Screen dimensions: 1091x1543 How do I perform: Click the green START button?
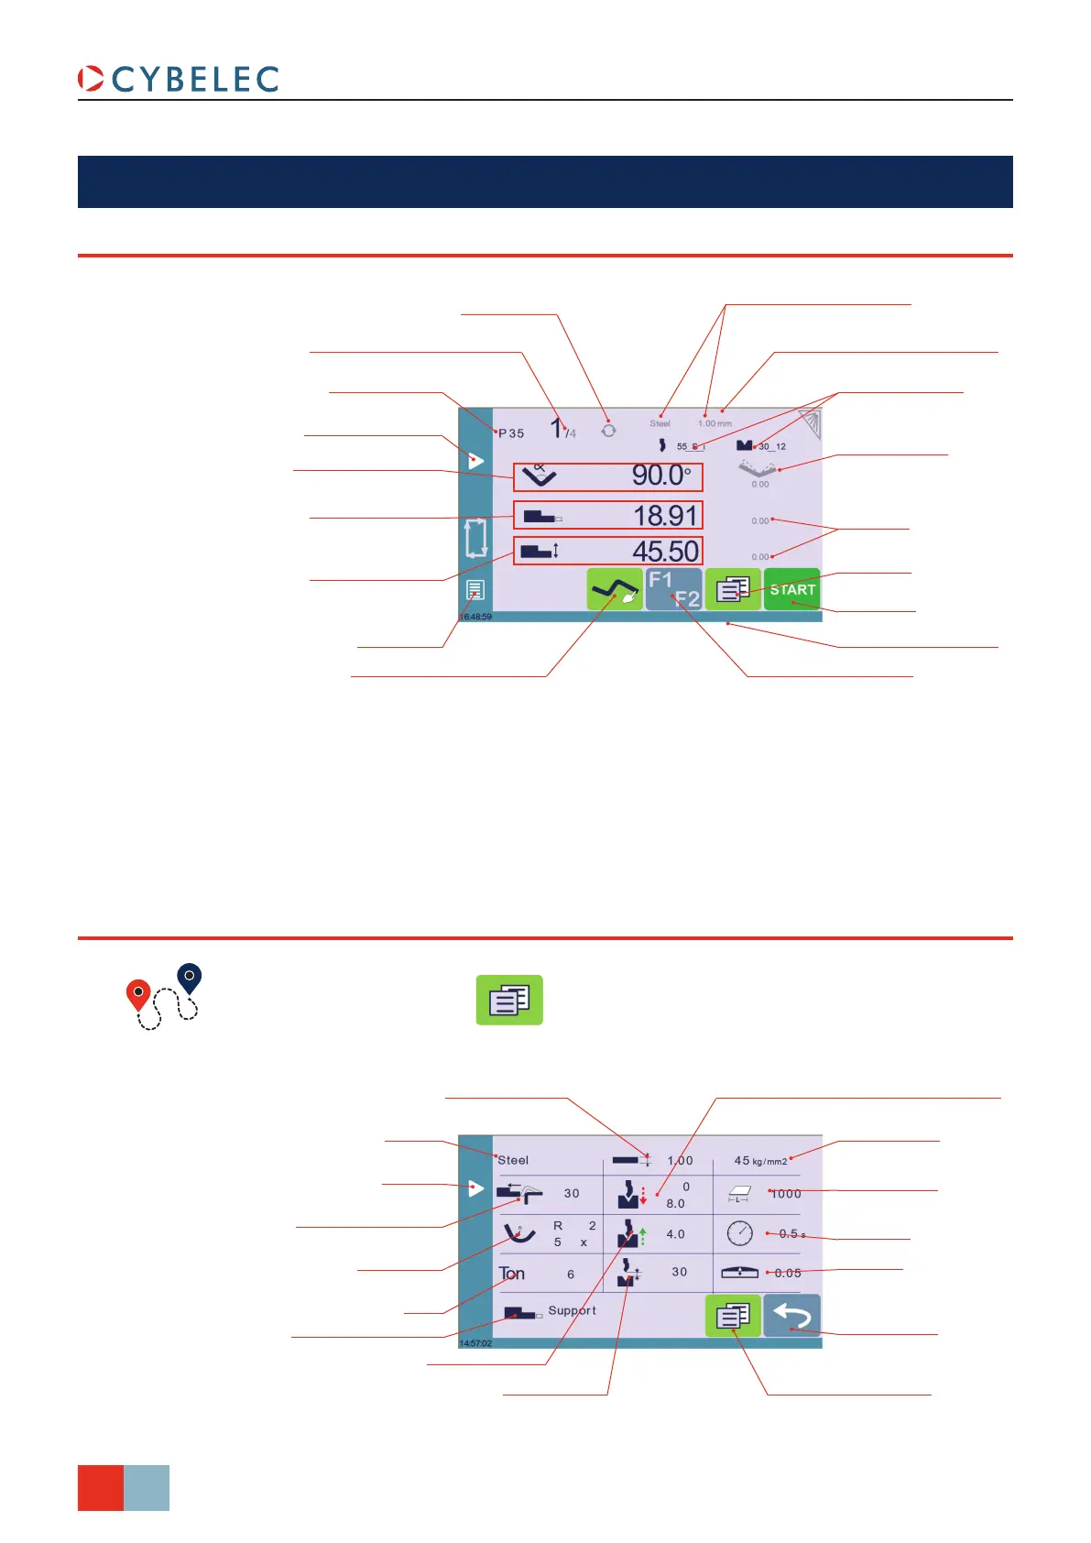tap(791, 590)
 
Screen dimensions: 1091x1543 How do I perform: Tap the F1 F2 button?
tap(673, 589)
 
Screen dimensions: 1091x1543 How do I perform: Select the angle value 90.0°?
tap(660, 476)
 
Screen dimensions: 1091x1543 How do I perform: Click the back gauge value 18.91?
tap(665, 516)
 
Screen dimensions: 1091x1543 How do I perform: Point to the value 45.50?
tap(665, 552)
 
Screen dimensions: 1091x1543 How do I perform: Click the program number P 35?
tap(511, 433)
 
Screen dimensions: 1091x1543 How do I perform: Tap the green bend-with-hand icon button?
tap(615, 589)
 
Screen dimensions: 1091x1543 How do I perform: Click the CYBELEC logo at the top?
tap(179, 80)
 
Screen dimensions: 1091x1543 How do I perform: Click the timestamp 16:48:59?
tap(475, 618)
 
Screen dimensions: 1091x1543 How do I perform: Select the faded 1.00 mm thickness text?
tap(715, 423)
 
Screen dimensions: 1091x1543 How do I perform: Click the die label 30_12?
tap(771, 447)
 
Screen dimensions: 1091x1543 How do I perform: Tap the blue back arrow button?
tap(791, 1317)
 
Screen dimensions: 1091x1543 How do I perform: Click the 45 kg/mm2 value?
tap(760, 1161)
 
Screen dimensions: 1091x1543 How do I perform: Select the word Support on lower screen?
tap(572, 1311)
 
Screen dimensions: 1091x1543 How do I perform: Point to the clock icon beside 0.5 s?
tap(739, 1233)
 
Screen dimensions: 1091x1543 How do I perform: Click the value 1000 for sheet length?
tap(786, 1194)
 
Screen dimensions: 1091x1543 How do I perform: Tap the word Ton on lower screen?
tap(511, 1274)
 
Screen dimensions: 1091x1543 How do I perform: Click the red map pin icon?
tap(138, 994)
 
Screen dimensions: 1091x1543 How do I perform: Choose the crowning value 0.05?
tap(788, 1273)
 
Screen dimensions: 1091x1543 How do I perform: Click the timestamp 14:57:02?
tap(475, 1343)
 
